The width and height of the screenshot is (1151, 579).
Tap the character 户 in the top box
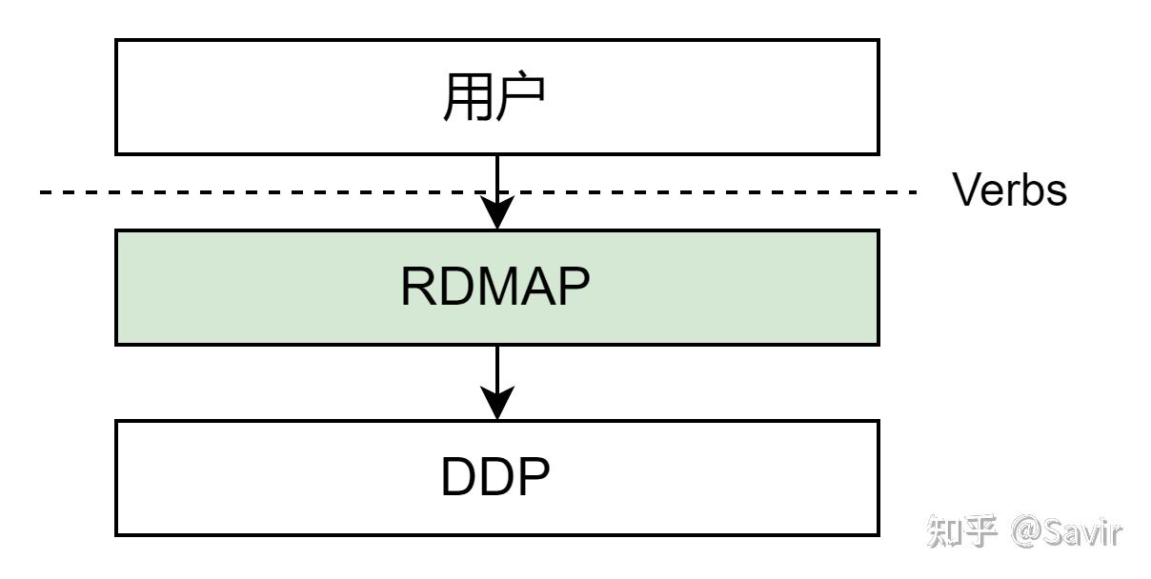point(521,98)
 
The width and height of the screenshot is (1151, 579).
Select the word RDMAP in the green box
point(495,288)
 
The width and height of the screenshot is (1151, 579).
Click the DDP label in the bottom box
point(495,479)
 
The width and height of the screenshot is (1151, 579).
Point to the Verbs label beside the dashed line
point(1010,191)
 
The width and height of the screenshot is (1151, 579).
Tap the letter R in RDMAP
point(419,288)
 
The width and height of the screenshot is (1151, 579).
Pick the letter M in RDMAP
point(495,288)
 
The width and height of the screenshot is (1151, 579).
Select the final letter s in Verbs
point(1058,194)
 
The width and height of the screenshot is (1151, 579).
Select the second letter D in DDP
point(496,479)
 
